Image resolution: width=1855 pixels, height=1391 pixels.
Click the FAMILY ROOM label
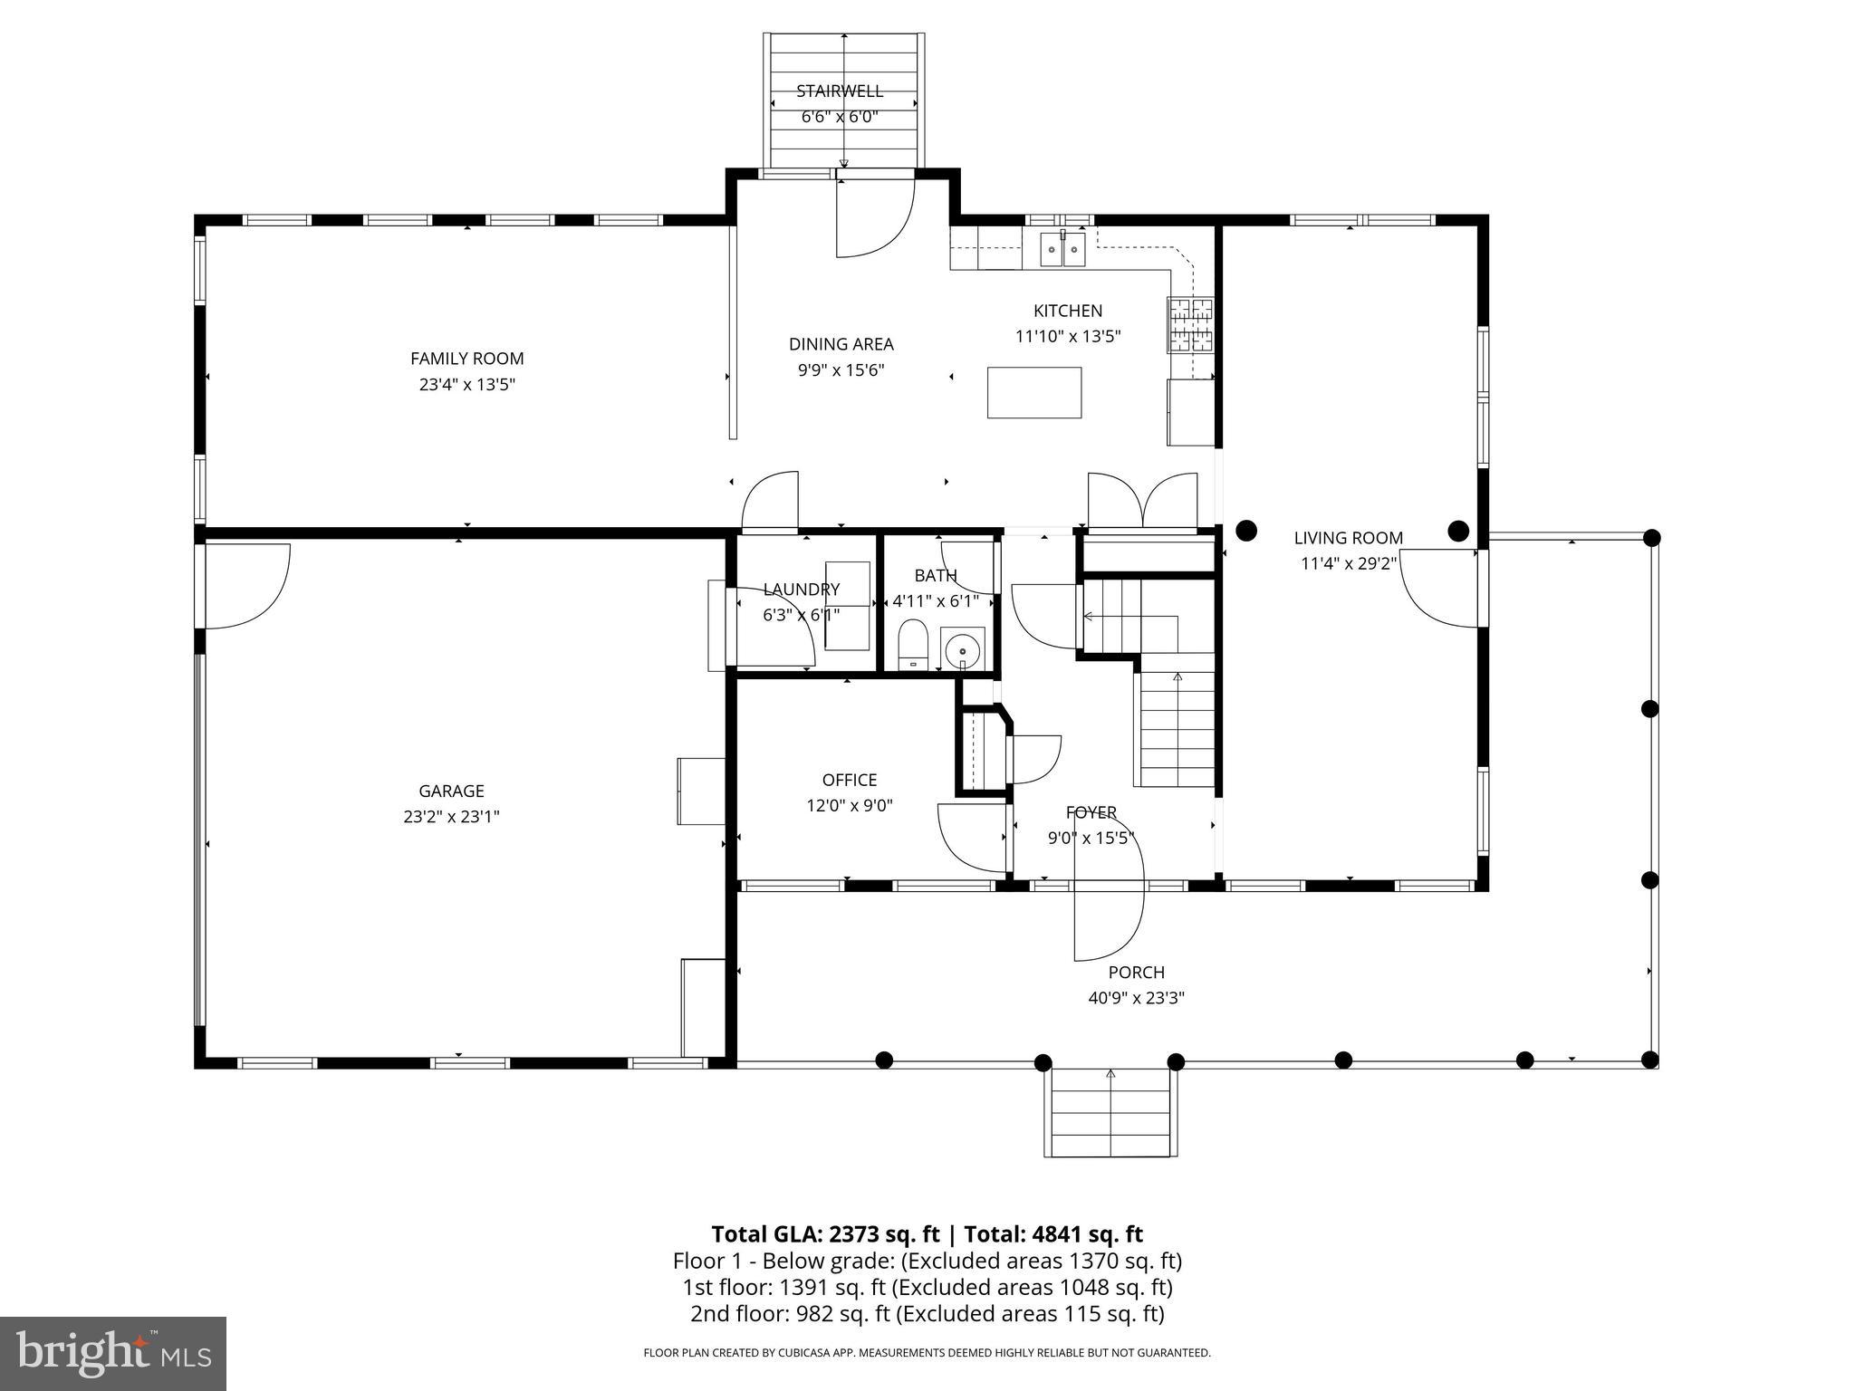pyautogui.click(x=466, y=359)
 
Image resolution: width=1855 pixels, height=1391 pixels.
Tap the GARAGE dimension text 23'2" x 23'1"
pyautogui.click(x=451, y=817)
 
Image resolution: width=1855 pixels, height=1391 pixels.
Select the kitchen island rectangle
pyautogui.click(x=1033, y=392)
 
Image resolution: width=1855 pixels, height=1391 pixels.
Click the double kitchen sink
pyautogui.click(x=1062, y=248)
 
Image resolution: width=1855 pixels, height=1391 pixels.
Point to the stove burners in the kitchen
pyautogui.click(x=1190, y=324)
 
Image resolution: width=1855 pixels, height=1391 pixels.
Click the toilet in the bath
pyautogui.click(x=913, y=643)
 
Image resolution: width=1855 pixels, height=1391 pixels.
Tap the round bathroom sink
pyautogui.click(x=962, y=649)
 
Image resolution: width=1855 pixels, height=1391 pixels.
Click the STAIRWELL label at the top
pyautogui.click(x=839, y=91)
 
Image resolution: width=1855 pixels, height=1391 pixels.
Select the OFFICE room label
pyautogui.click(x=849, y=780)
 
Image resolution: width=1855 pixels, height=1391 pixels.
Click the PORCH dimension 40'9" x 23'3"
pyautogui.click(x=1136, y=998)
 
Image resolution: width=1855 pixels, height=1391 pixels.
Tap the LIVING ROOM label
pyautogui.click(x=1348, y=538)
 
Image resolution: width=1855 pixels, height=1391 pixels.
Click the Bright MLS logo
pyautogui.click(x=113, y=1353)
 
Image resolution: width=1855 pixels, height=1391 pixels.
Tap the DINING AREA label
pyautogui.click(x=841, y=344)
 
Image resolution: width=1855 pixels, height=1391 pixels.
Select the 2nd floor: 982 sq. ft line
pyautogui.click(x=927, y=1314)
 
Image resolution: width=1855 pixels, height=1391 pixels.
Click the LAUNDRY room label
pyautogui.click(x=801, y=590)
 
